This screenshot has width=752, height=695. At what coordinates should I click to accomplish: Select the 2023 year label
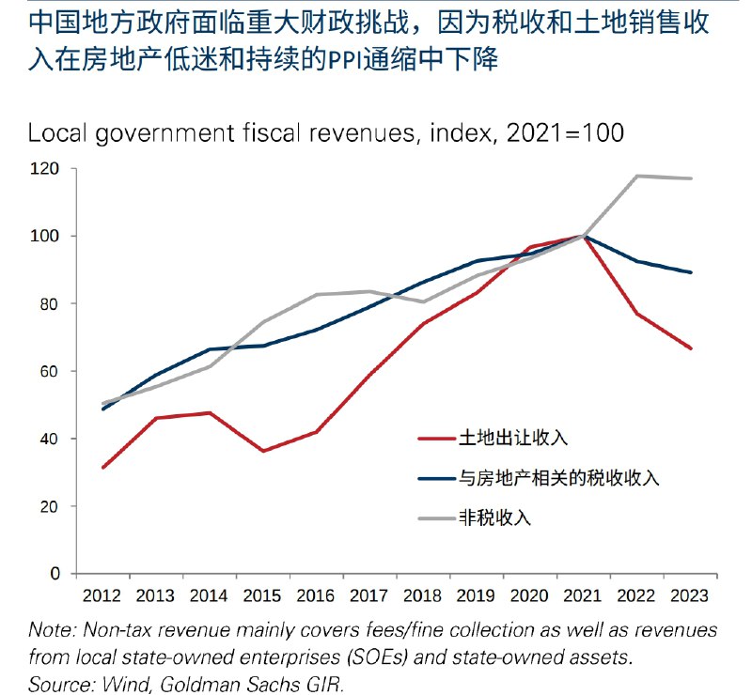pyautogui.click(x=692, y=595)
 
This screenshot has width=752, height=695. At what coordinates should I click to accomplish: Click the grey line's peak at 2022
pyautogui.click(x=638, y=176)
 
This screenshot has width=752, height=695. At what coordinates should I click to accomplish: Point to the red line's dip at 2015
pyautogui.click(x=264, y=451)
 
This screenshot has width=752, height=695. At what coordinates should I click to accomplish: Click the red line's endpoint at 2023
pyautogui.click(x=692, y=348)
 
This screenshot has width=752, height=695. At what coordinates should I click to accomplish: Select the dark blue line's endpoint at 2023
pyautogui.click(x=692, y=272)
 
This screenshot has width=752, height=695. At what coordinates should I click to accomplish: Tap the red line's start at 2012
pyautogui.click(x=103, y=467)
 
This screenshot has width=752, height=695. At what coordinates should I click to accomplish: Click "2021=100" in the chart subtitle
pyautogui.click(x=565, y=132)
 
